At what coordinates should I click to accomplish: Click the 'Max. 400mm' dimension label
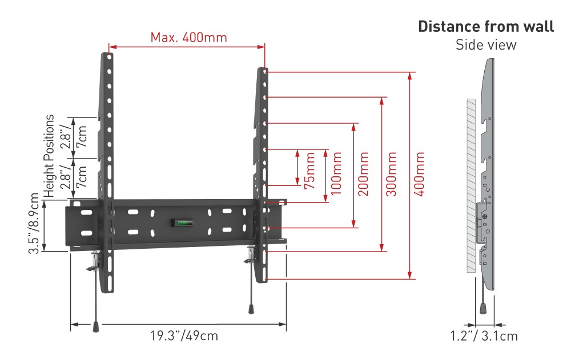click(188, 38)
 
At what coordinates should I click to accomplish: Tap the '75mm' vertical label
click(309, 171)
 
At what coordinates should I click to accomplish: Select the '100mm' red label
click(336, 173)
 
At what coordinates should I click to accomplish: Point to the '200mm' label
click(363, 174)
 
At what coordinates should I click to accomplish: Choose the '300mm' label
click(391, 174)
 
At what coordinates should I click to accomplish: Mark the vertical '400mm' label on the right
click(419, 174)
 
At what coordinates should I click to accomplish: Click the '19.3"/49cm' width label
click(184, 335)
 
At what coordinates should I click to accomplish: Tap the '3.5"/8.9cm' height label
click(34, 223)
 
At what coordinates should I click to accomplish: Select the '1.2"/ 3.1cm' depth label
click(484, 336)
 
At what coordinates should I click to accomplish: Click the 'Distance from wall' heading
click(486, 27)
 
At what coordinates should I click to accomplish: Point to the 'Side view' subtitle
click(486, 45)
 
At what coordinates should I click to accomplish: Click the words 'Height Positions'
click(49, 156)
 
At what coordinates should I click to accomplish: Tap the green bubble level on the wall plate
click(183, 222)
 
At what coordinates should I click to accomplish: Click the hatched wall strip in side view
click(471, 185)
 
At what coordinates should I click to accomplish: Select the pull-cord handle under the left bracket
click(96, 326)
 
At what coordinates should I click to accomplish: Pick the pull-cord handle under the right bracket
click(251, 309)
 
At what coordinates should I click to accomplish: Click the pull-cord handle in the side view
click(483, 308)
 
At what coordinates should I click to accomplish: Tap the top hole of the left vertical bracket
click(109, 57)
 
